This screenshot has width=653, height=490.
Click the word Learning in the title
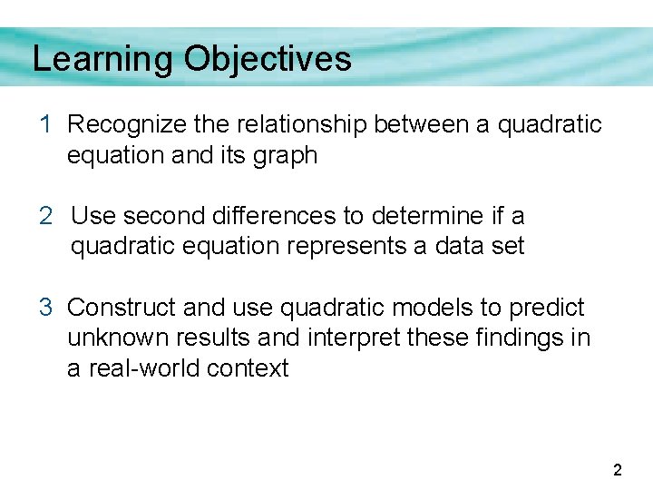[102, 60]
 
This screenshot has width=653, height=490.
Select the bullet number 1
[45, 124]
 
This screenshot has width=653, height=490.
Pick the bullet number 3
[45, 308]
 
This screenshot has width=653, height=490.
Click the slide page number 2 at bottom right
[618, 470]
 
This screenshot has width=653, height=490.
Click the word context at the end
[248, 369]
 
